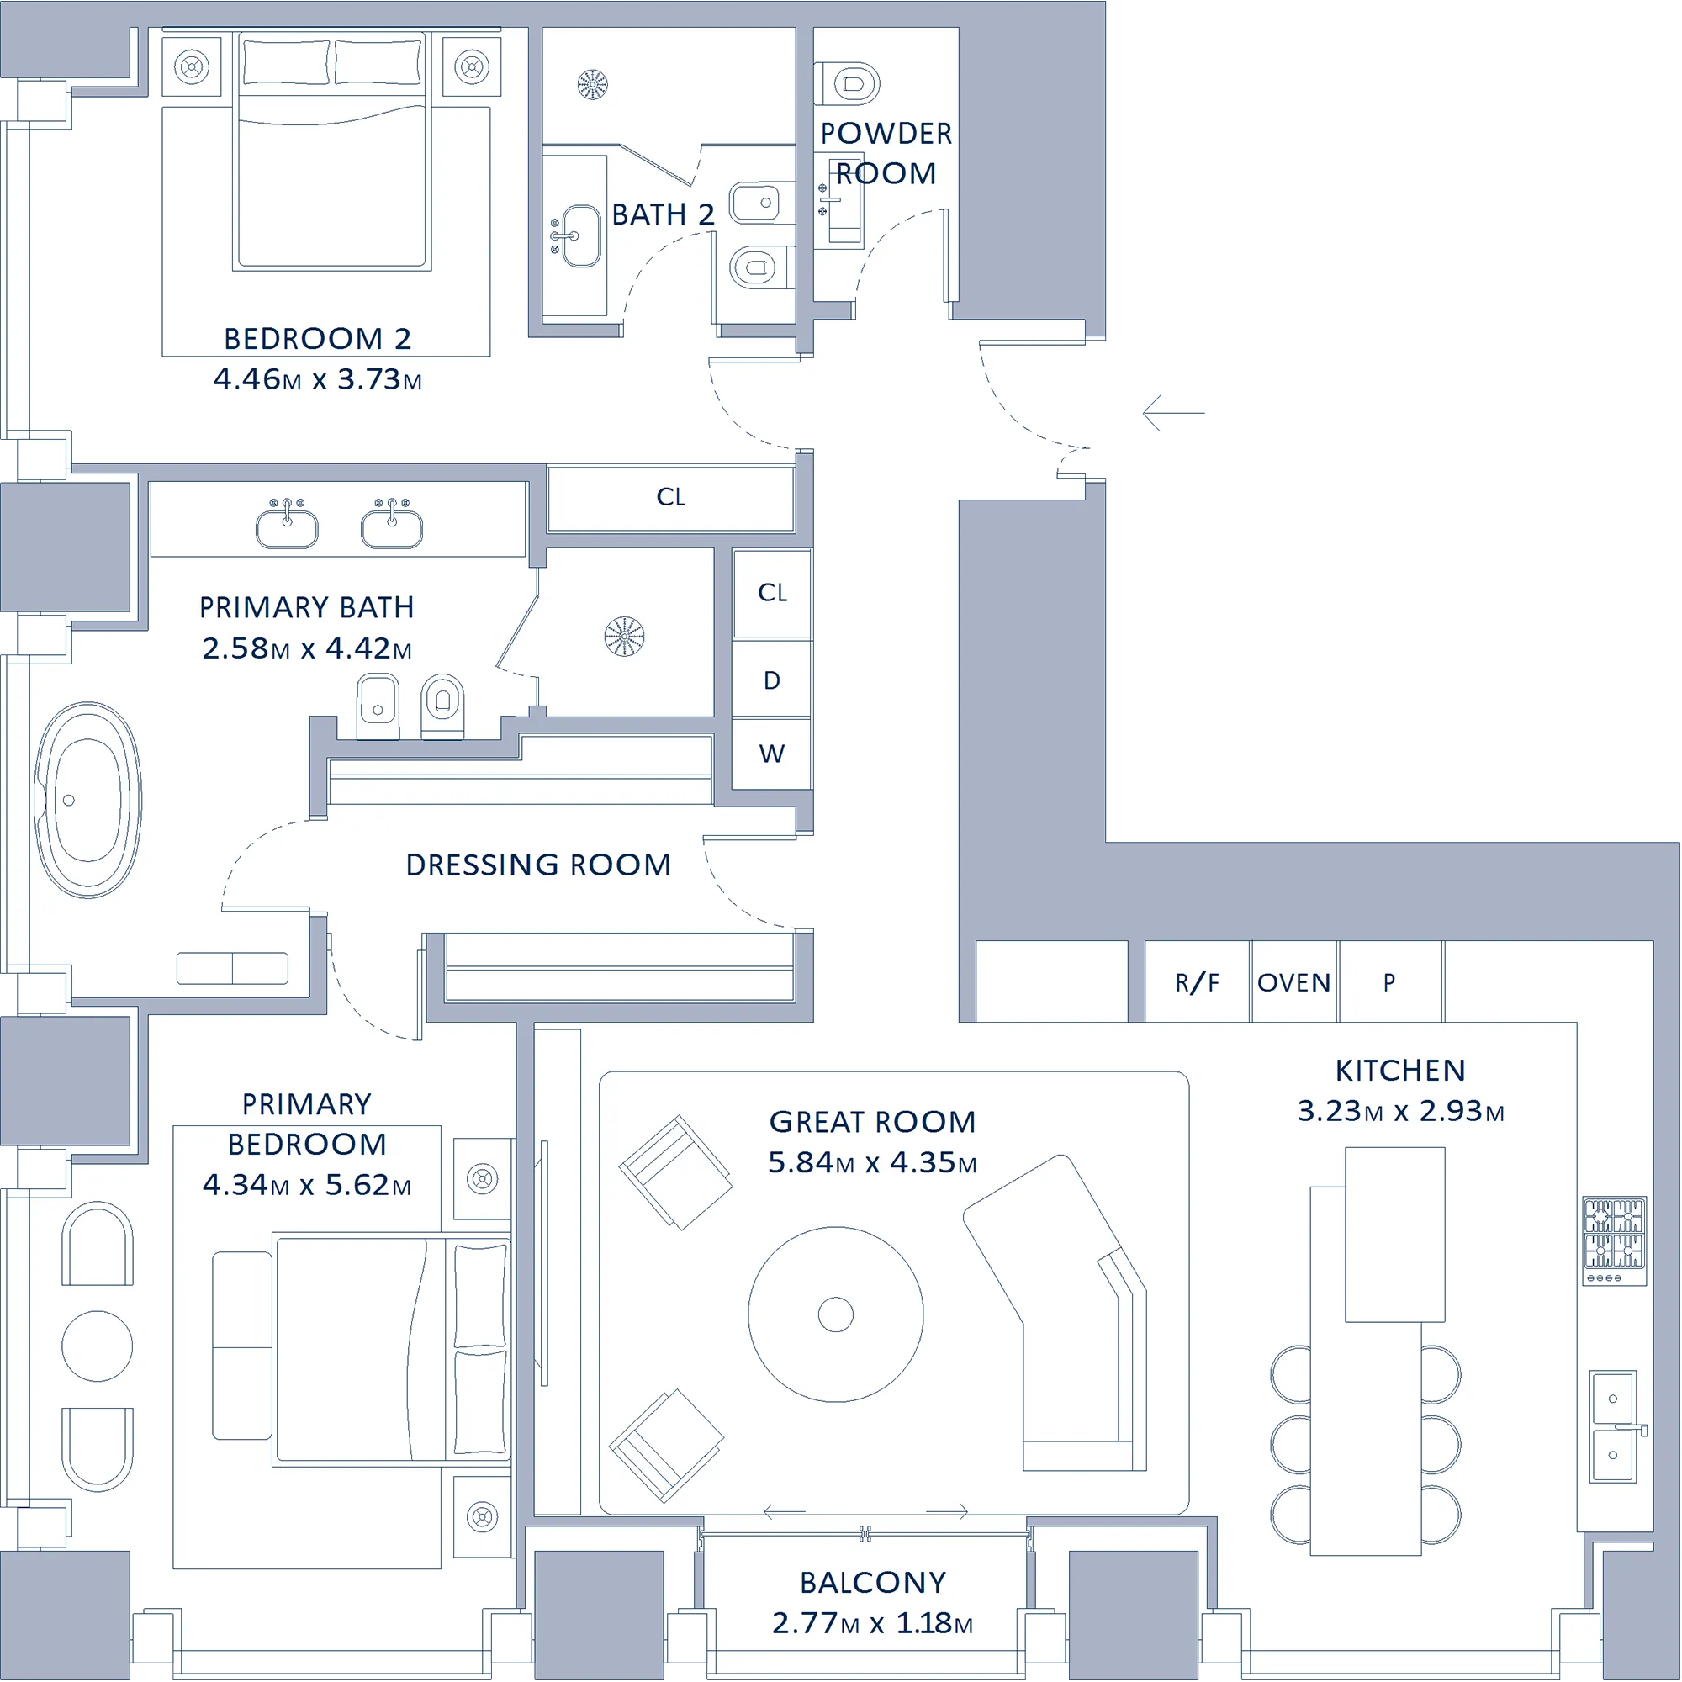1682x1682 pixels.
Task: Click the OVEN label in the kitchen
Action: coord(1293,983)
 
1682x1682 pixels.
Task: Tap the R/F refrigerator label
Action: coord(1197,983)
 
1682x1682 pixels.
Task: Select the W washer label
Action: coord(772,754)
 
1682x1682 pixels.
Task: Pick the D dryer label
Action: coord(772,681)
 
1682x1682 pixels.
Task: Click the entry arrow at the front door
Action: coord(1173,413)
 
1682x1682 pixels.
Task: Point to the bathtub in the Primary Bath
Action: coord(88,800)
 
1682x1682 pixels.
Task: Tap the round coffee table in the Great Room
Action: coord(836,1314)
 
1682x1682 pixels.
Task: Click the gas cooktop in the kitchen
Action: coord(1615,1240)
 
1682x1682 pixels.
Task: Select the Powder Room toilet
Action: coord(847,84)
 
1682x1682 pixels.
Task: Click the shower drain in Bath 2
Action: coord(593,84)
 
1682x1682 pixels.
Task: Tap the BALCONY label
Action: coord(873,1582)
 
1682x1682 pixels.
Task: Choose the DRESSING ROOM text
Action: coord(539,865)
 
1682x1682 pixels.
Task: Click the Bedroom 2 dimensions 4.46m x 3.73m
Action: coord(318,379)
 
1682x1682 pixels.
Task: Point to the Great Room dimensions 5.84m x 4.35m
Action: coord(872,1162)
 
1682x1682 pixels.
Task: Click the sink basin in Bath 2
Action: coord(580,236)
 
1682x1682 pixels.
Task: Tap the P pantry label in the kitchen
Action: coord(1389,983)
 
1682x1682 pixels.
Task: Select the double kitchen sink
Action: coord(1614,1427)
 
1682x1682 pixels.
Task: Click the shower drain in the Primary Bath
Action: coord(624,637)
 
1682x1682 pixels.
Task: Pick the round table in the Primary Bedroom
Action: coord(98,1346)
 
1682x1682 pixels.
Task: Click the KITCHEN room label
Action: coord(1401,1070)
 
